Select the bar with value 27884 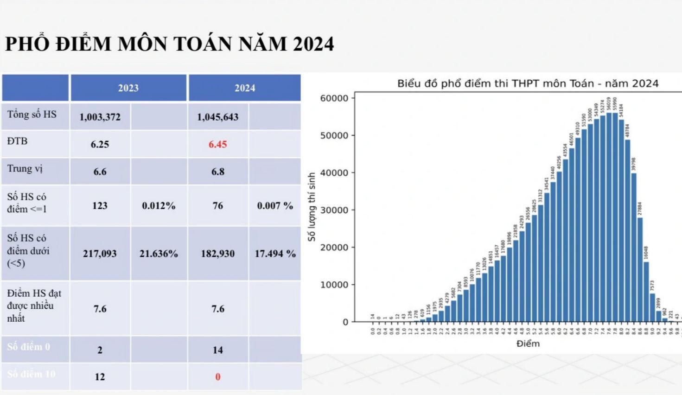point(640,269)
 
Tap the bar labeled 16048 point(646,292)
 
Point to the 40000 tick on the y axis point(334,172)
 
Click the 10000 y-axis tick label point(334,285)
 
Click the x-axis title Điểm point(528,344)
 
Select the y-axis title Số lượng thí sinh point(312,207)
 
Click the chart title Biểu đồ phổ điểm point(528,83)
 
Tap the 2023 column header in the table point(128,88)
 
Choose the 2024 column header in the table point(245,88)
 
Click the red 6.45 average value point(217,144)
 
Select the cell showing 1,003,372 point(100,117)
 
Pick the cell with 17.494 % point(275,254)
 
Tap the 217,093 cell point(100,254)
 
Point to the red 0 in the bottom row point(217,377)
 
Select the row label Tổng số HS point(32,114)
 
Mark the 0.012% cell point(159,206)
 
